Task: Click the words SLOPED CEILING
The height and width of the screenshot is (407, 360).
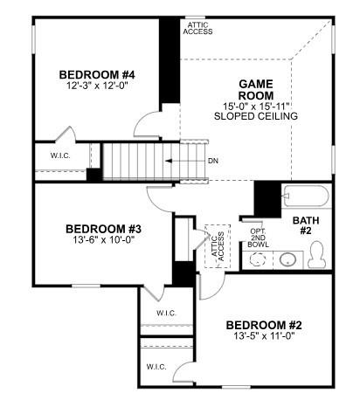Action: (257, 116)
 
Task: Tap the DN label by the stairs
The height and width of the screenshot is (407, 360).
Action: (212, 162)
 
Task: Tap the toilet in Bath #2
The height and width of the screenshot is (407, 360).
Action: (319, 256)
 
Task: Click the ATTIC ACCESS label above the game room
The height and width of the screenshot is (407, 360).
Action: (197, 28)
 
